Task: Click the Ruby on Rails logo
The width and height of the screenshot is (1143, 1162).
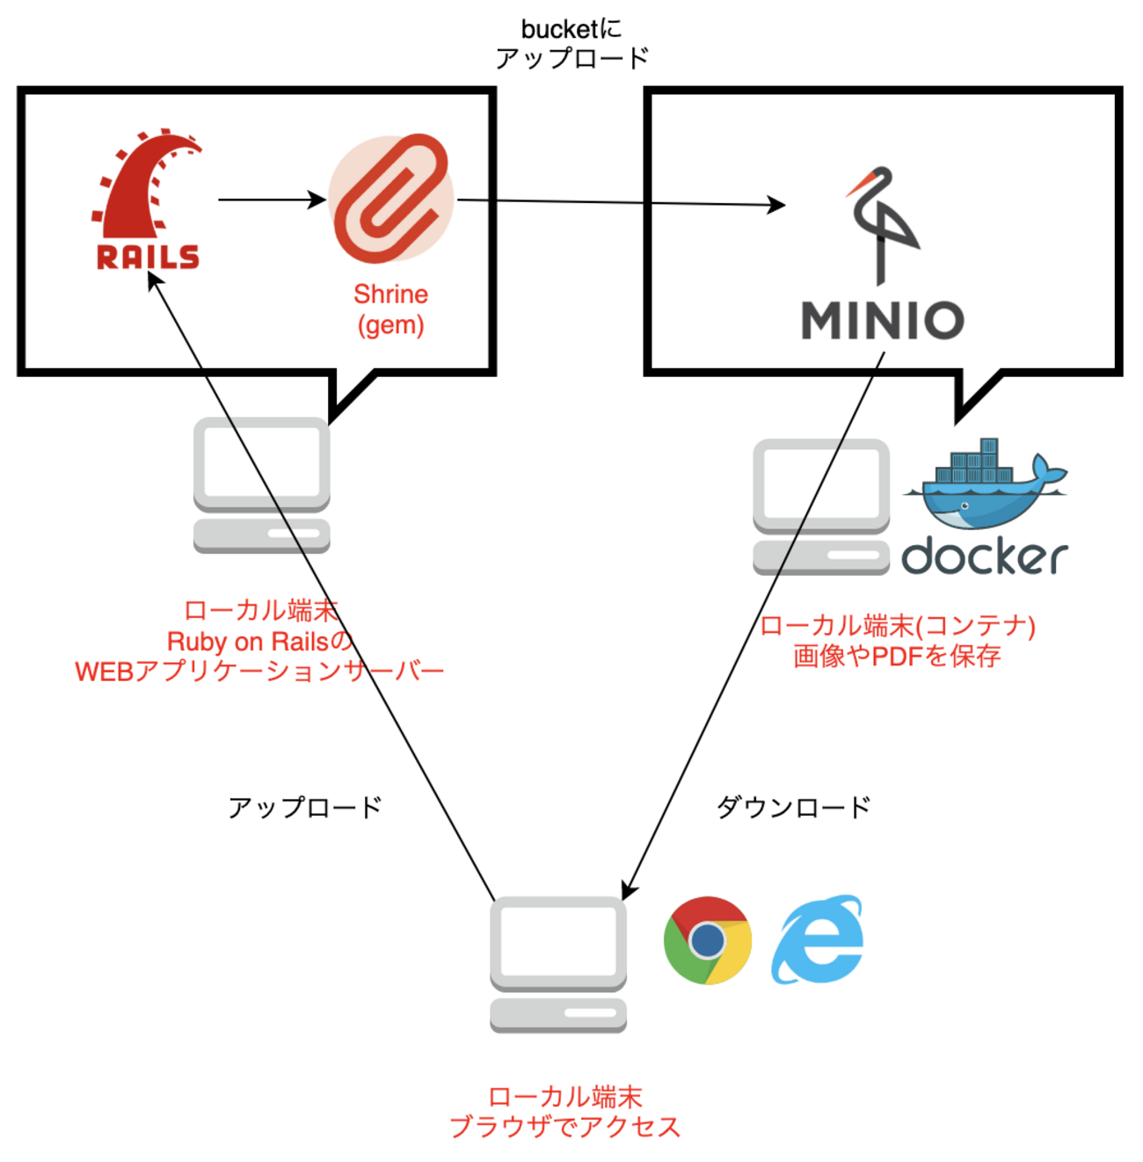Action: click(147, 200)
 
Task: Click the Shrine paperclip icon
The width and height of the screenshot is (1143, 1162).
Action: click(391, 199)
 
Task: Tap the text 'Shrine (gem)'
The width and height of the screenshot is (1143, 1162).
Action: click(391, 309)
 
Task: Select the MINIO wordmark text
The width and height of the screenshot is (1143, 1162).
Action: click(882, 320)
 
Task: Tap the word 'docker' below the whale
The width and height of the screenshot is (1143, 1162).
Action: click(985, 557)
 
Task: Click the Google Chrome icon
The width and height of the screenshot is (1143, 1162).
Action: click(708, 940)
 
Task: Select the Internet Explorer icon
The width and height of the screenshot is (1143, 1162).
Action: click(818, 940)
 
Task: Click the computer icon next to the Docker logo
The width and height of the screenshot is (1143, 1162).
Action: click(821, 507)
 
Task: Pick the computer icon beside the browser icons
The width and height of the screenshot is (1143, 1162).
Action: click(558, 964)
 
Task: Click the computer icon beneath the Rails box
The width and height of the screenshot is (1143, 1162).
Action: click(262, 485)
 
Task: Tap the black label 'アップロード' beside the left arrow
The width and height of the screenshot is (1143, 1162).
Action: click(305, 807)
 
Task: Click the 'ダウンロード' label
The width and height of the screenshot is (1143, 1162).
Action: click(794, 807)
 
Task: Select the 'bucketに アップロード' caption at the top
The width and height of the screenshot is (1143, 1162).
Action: click(571, 44)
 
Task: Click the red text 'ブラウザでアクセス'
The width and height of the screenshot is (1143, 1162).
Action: click(565, 1127)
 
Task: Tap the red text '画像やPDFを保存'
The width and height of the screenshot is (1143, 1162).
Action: click(897, 656)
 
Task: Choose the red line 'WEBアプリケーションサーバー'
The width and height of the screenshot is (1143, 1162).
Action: click(259, 672)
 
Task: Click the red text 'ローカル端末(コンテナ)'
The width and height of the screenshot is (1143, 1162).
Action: click(897, 626)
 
